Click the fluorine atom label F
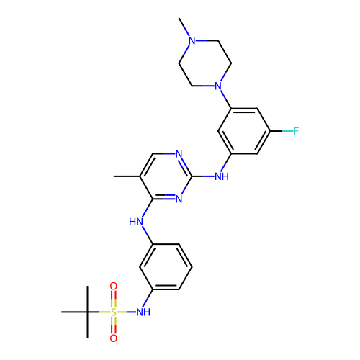[296, 131]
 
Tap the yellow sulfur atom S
[114, 312]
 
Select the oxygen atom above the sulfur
[114, 286]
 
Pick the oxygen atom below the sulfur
[114, 338]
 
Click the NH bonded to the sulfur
[143, 312]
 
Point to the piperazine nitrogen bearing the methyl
[192, 40]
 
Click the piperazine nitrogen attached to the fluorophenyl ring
[218, 86]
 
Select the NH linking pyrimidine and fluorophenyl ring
[222, 176]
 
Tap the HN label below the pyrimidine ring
[136, 222]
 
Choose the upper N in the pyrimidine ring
[179, 153]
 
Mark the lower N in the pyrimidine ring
[179, 199]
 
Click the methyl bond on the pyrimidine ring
[127, 176]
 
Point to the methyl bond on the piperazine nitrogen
[184, 27]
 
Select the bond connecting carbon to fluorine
[282, 131]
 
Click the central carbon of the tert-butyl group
[87, 312]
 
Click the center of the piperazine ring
[205, 63]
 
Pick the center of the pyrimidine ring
[166, 176]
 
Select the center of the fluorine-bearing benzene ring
[244, 131]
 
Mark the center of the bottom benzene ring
[166, 267]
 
